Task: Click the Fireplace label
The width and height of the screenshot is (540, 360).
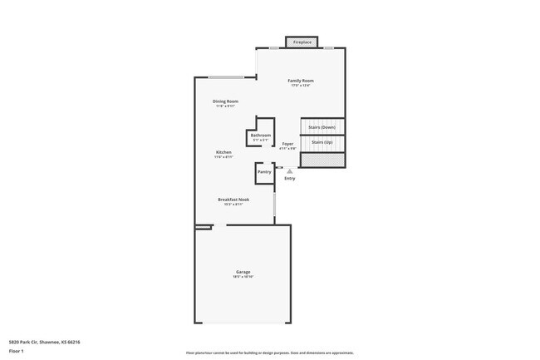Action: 302,42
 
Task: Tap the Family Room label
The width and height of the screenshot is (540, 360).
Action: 301,80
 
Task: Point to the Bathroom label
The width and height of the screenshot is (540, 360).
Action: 261,135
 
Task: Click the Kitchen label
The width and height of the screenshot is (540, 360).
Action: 224,152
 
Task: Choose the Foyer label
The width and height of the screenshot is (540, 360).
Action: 288,144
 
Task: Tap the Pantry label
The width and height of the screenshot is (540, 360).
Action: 264,171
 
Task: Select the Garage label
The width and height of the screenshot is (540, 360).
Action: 243,272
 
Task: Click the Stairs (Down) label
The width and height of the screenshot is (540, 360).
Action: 322,126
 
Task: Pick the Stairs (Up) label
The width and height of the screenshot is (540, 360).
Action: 322,142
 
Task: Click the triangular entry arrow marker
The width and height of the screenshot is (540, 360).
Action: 289,170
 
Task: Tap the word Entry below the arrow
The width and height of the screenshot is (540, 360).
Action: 289,178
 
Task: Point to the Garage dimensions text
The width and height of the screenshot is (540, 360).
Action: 243,277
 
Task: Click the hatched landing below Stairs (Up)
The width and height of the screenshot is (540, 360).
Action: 322,157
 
